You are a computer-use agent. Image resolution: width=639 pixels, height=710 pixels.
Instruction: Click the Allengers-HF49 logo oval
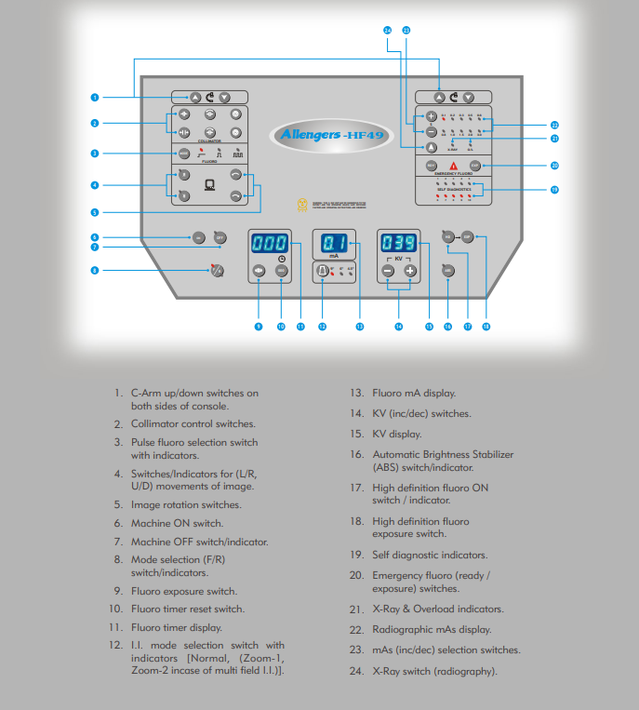pyautogui.click(x=320, y=135)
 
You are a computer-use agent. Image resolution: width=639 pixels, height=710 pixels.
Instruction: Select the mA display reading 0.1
pyautogui.click(x=334, y=244)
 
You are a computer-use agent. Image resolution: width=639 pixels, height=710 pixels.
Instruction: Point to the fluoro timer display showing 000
pyautogui.click(x=270, y=244)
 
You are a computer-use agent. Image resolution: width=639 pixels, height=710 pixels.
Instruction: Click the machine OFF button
pyautogui.click(x=220, y=237)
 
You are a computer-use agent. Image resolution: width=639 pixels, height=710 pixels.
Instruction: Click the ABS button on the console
pyautogui.click(x=447, y=271)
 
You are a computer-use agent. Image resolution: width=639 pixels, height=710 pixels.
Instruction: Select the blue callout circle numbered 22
pyautogui.click(x=554, y=124)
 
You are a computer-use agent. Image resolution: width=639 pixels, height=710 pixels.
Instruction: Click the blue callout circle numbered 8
pyautogui.click(x=94, y=271)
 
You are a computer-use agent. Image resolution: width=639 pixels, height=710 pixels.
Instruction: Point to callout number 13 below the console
pyautogui.click(x=360, y=327)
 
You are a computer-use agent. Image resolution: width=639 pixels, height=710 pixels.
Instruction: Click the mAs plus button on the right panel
pyautogui.click(x=431, y=117)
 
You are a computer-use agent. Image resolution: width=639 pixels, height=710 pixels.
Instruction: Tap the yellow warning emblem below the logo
pyautogui.click(x=300, y=204)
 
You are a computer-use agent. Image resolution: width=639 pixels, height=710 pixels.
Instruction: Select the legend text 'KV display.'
pyautogui.click(x=397, y=434)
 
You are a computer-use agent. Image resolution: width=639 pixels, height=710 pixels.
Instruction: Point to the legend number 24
pyautogui.click(x=355, y=671)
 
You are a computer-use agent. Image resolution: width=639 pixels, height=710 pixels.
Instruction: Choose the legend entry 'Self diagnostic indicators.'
pyautogui.click(x=430, y=556)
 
